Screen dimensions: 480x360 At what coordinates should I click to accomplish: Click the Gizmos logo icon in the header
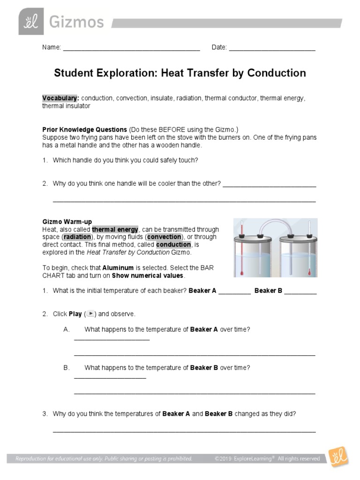coord(31,22)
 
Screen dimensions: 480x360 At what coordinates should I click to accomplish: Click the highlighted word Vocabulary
coord(60,98)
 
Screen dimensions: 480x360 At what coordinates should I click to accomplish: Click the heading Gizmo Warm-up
coord(67,221)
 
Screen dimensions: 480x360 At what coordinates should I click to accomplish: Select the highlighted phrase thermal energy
coord(115,229)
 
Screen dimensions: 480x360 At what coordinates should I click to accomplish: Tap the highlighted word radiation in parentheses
coord(77,237)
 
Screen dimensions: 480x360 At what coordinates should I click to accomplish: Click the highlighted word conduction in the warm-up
coord(173,245)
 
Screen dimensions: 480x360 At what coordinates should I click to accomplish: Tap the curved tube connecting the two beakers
coord(275,224)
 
